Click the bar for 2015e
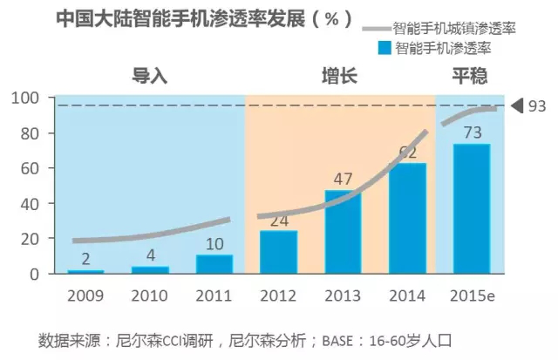click(471, 209)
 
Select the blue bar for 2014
click(407, 219)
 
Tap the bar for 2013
click(343, 232)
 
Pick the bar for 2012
click(278, 252)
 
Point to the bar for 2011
click(214, 264)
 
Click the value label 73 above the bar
click(472, 132)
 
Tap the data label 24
click(278, 221)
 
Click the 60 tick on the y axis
click(29, 168)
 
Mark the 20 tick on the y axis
click(29, 239)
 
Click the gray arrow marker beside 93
click(516, 106)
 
